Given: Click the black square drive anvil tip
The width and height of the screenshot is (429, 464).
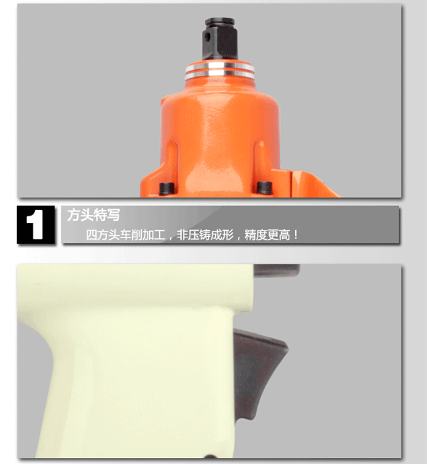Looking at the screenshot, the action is (220, 39).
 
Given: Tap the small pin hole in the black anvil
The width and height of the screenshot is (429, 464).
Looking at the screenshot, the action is (208, 36).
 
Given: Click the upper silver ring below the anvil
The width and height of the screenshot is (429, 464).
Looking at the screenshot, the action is (220, 66).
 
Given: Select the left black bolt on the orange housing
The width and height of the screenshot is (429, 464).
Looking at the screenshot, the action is (167, 189).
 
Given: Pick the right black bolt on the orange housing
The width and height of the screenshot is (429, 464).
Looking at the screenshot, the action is (264, 188).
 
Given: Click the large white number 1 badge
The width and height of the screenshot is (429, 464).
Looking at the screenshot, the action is (36, 225).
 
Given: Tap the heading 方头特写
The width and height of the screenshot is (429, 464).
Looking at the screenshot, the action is (93, 215).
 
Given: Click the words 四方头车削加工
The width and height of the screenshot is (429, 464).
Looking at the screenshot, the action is (126, 235).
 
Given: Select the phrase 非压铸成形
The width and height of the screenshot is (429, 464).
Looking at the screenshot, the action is (205, 235).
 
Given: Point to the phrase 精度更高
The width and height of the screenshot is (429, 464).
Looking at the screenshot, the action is (267, 235).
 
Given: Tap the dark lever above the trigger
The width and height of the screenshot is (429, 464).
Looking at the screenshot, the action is (277, 270).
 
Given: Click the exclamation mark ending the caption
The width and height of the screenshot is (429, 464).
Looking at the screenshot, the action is (296, 235).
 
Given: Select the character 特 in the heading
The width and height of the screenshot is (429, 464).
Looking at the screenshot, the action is (100, 215).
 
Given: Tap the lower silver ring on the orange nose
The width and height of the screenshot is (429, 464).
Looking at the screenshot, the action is (220, 74).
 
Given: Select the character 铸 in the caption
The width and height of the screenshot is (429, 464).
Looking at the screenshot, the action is (205, 235).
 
